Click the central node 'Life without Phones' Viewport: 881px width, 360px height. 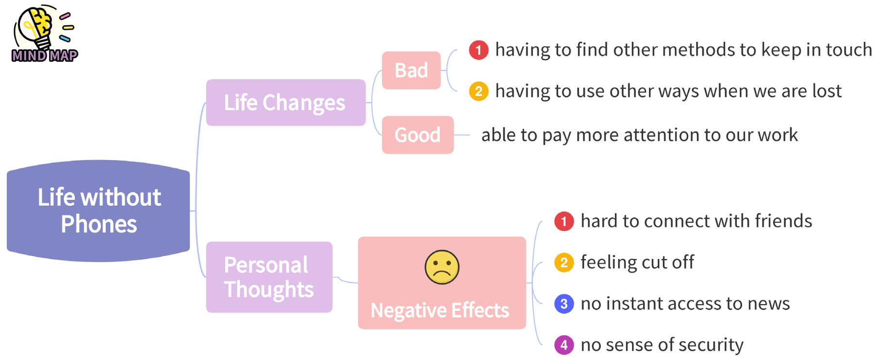[99, 211]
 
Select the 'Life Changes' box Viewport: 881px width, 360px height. [285, 102]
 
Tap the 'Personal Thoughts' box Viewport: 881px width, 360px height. [269, 277]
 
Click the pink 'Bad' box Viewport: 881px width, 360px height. [411, 70]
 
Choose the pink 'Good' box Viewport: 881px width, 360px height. [417, 135]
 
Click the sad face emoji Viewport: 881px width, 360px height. [442, 267]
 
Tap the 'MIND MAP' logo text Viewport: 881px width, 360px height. [45, 56]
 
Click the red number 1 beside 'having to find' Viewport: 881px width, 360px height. [479, 50]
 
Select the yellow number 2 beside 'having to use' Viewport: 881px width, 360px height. [479, 91]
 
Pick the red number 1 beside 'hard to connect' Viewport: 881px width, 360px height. [564, 221]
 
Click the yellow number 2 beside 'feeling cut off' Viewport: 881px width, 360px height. [564, 262]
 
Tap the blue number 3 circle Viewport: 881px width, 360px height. [564, 304]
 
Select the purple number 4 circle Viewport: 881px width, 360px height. [564, 345]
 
